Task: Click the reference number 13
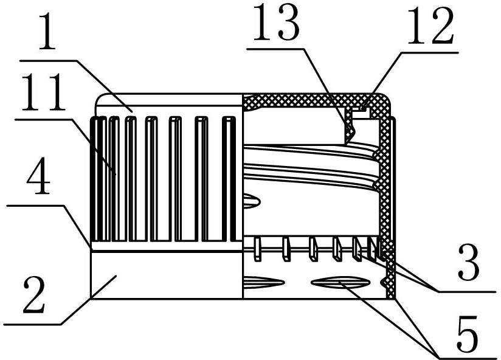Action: [x=277, y=23]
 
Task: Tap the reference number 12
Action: [x=430, y=26]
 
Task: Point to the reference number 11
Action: [x=43, y=92]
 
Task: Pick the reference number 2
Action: [x=34, y=294]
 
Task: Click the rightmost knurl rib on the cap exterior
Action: [x=229, y=179]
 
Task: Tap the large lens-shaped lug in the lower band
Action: [x=340, y=282]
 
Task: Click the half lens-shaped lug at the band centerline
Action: [x=264, y=282]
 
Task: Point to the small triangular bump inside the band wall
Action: [x=384, y=282]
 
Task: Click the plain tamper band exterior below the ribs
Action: [x=167, y=275]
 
